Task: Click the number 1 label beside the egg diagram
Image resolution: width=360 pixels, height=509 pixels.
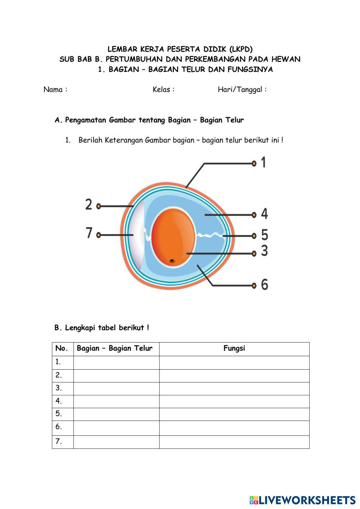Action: pyautogui.click(x=264, y=162)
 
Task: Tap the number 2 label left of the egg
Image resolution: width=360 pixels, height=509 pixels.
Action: pyautogui.click(x=89, y=204)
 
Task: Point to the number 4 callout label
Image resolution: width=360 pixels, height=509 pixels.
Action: pyautogui.click(x=264, y=214)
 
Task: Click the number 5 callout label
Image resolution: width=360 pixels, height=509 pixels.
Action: pyautogui.click(x=265, y=235)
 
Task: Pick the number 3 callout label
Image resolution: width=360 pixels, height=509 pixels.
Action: pyautogui.click(x=265, y=251)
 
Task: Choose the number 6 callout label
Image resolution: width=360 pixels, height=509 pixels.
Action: pyautogui.click(x=265, y=284)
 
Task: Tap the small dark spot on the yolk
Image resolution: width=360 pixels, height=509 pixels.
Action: pyautogui.click(x=172, y=261)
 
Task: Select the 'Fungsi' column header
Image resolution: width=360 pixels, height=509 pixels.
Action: pyautogui.click(x=234, y=348)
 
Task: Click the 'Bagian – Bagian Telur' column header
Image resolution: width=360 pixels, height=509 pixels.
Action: pyautogui.click(x=114, y=348)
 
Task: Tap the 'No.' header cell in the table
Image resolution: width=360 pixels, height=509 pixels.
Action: pyautogui.click(x=62, y=348)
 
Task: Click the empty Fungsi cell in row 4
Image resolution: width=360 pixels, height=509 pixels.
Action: pyautogui.click(x=234, y=401)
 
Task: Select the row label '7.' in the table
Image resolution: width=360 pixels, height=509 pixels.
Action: pyautogui.click(x=59, y=442)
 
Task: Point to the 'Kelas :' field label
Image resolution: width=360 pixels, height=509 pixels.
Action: pyautogui.click(x=163, y=90)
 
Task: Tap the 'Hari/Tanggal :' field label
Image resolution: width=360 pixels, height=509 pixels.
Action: pyautogui.click(x=242, y=90)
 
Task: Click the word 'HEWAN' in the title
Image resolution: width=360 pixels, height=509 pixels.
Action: pyautogui.click(x=285, y=59)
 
